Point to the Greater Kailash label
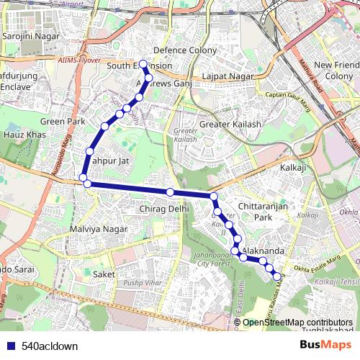pyautogui.click(x=230, y=125)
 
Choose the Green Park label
pyautogui.click(x=63, y=122)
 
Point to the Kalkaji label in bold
pyautogui.click(x=293, y=167)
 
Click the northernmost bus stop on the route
pyautogui.click(x=143, y=63)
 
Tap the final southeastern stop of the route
pyautogui.click(x=276, y=276)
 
